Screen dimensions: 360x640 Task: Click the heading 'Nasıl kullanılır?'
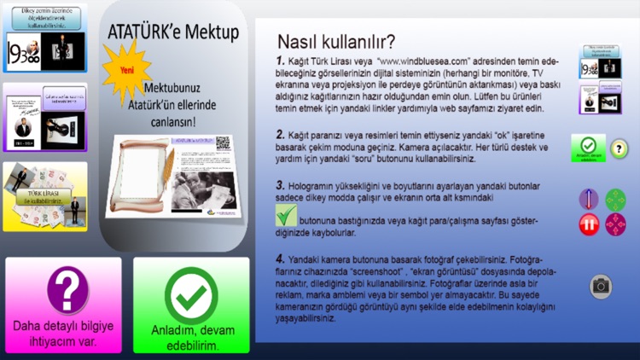tap(335, 42)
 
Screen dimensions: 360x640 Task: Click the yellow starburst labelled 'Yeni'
tap(126, 72)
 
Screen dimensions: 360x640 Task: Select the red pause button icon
tap(590, 224)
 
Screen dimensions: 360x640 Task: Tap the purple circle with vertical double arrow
tap(590, 199)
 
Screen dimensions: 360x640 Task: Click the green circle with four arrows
tap(615, 199)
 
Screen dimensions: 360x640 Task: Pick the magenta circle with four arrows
tap(615, 224)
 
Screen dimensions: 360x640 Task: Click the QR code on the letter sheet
tap(224, 143)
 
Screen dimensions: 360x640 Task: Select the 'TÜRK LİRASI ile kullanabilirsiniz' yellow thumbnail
tap(45, 196)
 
